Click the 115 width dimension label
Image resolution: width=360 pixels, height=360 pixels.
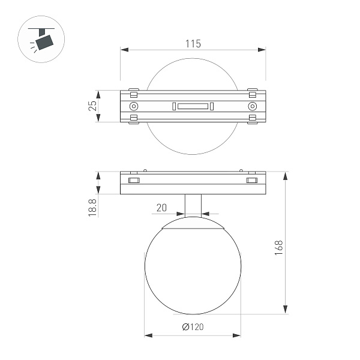tap(193, 44)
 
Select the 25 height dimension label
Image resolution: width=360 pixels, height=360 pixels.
tap(92, 106)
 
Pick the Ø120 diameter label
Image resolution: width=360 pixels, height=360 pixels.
tap(193, 327)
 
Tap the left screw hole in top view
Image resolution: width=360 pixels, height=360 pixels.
tap(134, 106)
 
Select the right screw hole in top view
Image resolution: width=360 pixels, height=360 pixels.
tap(251, 106)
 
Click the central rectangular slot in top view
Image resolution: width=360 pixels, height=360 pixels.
tap(193, 107)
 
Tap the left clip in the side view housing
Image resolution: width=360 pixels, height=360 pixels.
tap(133, 180)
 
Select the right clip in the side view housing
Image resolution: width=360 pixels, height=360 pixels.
tap(251, 180)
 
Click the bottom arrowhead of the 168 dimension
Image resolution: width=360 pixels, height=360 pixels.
tap(284, 310)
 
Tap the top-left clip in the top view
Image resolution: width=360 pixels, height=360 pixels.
tap(134, 94)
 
